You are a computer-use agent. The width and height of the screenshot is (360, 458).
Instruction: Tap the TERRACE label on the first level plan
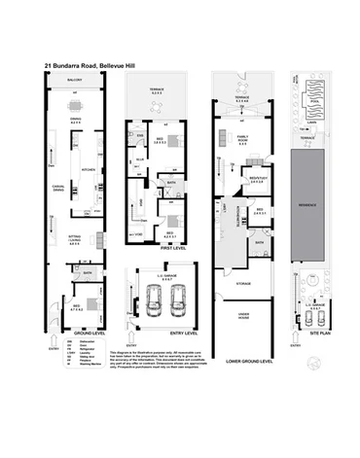(162, 90)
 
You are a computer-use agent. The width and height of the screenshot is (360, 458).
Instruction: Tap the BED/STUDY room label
(258, 178)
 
